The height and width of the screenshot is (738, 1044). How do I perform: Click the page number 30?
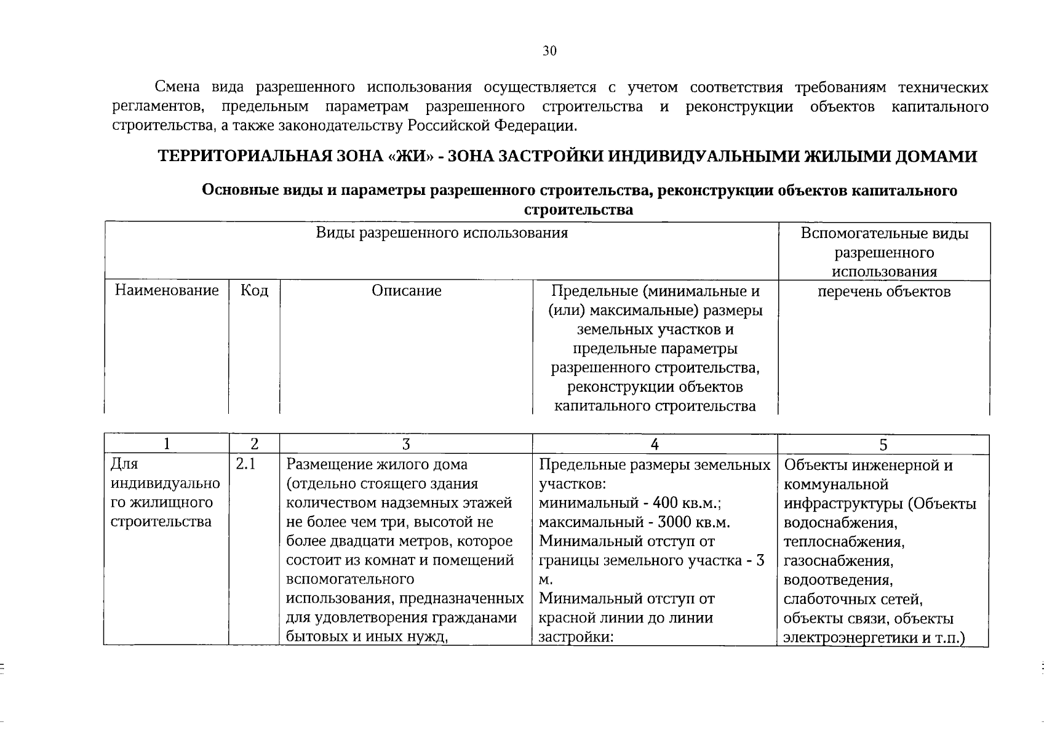pyautogui.click(x=549, y=51)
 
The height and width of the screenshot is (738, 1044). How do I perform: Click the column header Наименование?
pyautogui.click(x=167, y=290)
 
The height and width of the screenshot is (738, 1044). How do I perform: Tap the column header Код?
pyautogui.click(x=254, y=290)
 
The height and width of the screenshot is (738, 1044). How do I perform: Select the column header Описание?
pyautogui.click(x=406, y=290)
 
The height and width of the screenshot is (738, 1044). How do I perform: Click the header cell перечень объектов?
pyautogui.click(x=884, y=292)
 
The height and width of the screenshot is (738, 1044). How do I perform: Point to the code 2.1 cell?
pyautogui.click(x=245, y=464)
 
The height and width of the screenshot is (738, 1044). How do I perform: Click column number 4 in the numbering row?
pyautogui.click(x=655, y=445)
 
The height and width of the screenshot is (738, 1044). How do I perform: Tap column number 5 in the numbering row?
pyautogui.click(x=883, y=445)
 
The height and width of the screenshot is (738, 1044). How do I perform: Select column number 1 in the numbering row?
pyautogui.click(x=166, y=445)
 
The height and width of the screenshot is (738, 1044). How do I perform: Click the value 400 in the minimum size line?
pyautogui.click(x=666, y=503)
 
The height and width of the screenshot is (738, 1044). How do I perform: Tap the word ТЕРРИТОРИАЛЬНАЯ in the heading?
pyautogui.click(x=245, y=156)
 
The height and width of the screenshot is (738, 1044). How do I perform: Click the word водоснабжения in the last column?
pyautogui.click(x=840, y=523)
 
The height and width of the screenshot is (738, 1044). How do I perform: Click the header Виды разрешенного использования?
pyautogui.click(x=442, y=233)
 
